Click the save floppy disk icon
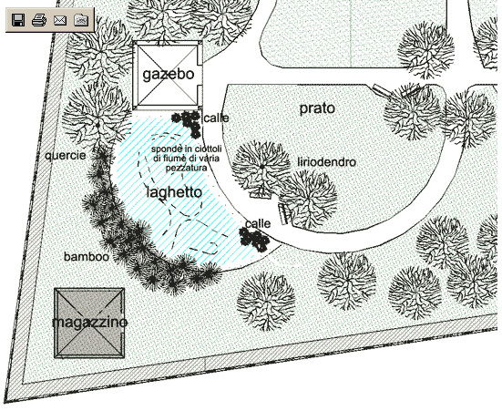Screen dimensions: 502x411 click(18, 20)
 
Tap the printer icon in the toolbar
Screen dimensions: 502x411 click(39, 20)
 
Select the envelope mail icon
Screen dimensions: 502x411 click(60, 20)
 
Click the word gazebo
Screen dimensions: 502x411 click(168, 75)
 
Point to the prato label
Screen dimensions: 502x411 click(317, 108)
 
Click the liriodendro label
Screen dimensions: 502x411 click(326, 162)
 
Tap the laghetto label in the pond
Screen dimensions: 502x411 click(175, 192)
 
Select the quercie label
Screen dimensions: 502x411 click(66, 156)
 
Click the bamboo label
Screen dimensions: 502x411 click(87, 257)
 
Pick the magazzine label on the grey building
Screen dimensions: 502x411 click(89, 322)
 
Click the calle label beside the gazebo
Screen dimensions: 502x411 click(217, 118)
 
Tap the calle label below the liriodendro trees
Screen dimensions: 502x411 click(258, 223)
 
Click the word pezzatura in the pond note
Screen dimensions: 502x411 click(186, 168)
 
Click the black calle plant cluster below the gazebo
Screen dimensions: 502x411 click(188, 123)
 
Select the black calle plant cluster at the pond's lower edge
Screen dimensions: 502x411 click(253, 240)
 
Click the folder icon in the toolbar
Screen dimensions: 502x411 click(81, 20)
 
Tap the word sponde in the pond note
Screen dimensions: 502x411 click(163, 149)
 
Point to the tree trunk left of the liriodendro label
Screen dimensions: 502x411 click(261, 167)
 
